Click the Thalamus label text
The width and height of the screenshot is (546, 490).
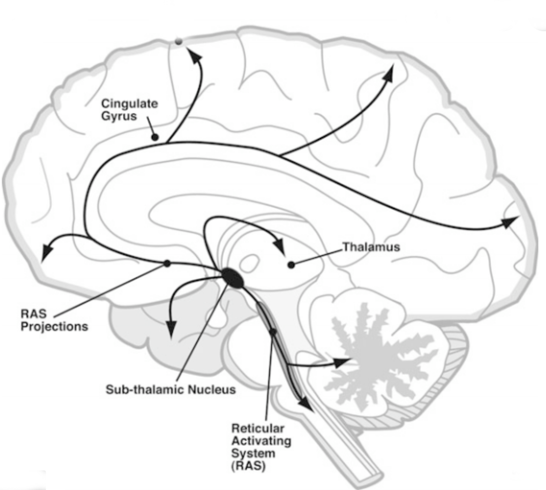click(x=371, y=247)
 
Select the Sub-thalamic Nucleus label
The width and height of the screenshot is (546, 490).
click(x=171, y=390)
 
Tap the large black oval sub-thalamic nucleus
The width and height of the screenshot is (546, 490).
click(x=233, y=278)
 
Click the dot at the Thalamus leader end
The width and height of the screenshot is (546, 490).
click(x=291, y=265)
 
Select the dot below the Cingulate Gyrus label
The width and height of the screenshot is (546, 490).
click(x=155, y=138)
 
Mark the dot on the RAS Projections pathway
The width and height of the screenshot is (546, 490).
click(x=167, y=264)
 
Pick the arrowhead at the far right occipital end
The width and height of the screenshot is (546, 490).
click(x=510, y=223)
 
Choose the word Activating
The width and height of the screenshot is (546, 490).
click(x=261, y=441)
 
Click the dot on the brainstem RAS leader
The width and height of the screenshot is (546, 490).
click(x=273, y=332)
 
